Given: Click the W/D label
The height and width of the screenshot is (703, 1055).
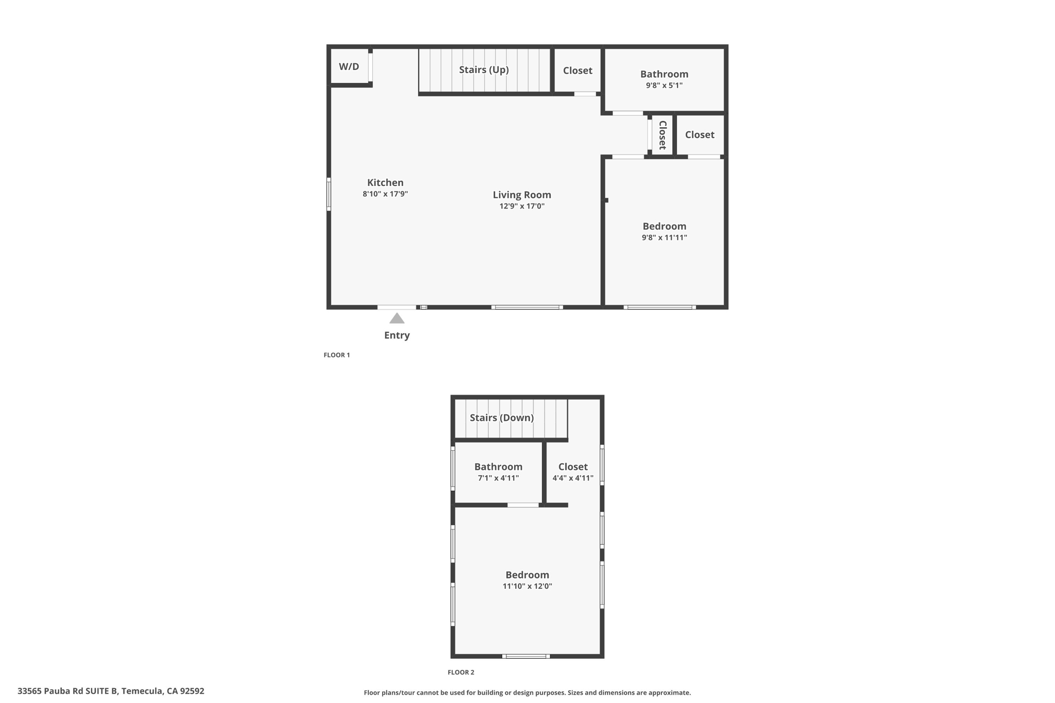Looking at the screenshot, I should click(349, 67).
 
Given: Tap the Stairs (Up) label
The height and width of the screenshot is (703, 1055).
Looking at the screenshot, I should click(484, 70).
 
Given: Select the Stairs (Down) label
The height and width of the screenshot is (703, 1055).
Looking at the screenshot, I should click(501, 418).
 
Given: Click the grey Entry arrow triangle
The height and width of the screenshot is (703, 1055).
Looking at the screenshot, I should click(397, 319).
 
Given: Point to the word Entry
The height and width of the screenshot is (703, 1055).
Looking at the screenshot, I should click(397, 335).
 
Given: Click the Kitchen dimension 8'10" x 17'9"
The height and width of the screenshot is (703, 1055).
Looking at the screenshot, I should click(385, 194).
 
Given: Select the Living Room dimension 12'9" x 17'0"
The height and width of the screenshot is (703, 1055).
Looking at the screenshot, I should click(522, 207).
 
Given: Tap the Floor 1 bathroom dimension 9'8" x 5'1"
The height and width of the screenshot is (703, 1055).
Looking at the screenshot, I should click(664, 85).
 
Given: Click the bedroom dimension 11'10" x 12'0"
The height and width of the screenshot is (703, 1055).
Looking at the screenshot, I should click(527, 586).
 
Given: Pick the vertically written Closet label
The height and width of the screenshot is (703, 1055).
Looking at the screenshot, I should click(662, 135).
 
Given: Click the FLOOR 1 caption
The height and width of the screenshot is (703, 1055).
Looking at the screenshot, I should click(336, 355).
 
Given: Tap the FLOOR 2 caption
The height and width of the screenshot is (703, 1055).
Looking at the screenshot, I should click(461, 672).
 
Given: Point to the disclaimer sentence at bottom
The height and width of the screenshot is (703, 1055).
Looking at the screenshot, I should click(527, 693).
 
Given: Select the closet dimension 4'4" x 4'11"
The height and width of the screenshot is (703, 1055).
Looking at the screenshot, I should click(573, 478).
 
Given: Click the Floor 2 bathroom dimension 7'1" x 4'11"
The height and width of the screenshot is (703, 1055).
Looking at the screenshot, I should click(498, 478).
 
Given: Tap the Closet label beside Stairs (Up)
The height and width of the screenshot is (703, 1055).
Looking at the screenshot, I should click(577, 71).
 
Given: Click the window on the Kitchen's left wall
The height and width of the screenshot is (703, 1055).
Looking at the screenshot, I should click(329, 194).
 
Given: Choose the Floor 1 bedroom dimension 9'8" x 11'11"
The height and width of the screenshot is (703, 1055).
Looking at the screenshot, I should click(664, 238).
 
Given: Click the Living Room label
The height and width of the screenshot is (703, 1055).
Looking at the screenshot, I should click(522, 195).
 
